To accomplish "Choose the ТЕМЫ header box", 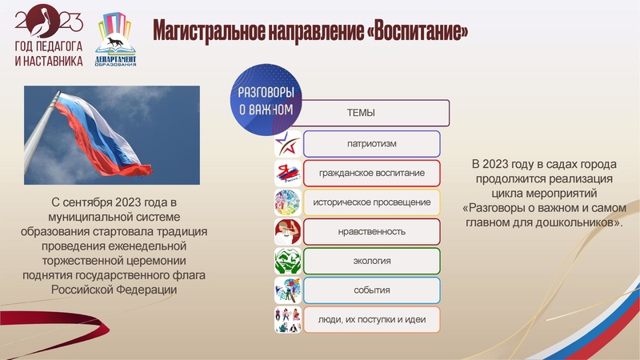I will click(361, 113).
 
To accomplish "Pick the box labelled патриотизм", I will click(372, 144).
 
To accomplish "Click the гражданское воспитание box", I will click(372, 173).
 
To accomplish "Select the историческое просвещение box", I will click(372, 202).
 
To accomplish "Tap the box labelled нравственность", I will click(372, 231).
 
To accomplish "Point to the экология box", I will click(372, 261).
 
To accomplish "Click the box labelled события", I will click(372, 290).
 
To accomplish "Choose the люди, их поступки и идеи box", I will click(372, 319).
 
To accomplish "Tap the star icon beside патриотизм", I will click(287, 144).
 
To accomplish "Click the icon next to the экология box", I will click(287, 261).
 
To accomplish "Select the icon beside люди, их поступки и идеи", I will click(287, 319).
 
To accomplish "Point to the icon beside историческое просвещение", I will click(287, 202).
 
